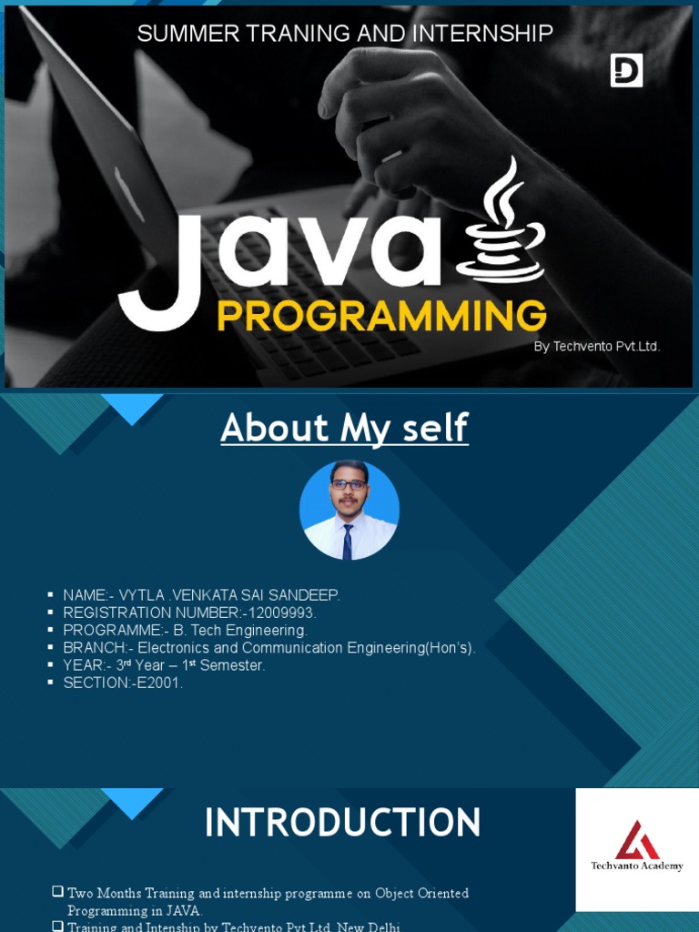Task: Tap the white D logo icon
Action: [626, 70]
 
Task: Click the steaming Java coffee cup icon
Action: [501, 223]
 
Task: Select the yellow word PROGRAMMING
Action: [381, 317]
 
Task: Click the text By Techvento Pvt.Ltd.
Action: [596, 347]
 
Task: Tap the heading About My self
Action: [344, 428]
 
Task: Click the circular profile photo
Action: [349, 510]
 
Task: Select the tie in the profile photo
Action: [348, 542]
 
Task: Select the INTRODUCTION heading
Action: [342, 823]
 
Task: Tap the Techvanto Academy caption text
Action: [637, 866]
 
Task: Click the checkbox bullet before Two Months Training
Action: [58, 893]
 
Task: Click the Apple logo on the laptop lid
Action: [127, 194]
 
